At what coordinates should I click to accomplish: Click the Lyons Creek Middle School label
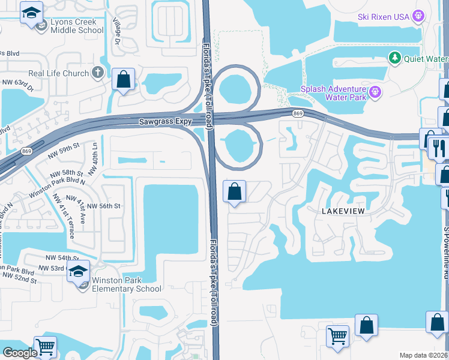[x=74, y=26]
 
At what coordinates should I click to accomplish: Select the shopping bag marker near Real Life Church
[x=123, y=79]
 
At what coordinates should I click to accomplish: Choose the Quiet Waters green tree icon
[x=395, y=58]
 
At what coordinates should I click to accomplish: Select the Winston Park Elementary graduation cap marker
[x=78, y=271]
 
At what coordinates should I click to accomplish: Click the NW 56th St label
[x=104, y=206]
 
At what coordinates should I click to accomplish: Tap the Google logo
[x=20, y=353]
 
